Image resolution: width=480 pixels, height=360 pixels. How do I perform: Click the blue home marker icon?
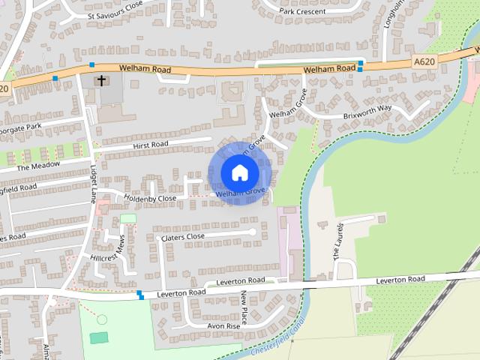pos(239,172)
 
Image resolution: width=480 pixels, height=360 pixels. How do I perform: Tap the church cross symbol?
pos(101,79)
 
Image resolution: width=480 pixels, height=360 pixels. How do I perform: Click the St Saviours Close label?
pos(115,15)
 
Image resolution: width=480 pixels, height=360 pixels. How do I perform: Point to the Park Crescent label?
pos(302,11)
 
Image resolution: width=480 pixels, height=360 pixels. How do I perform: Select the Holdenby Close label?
pos(150,199)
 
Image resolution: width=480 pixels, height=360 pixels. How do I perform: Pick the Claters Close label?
pos(183,237)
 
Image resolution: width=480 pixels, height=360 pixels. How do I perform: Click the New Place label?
pos(244,308)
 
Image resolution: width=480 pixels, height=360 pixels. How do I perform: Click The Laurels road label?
pos(337,241)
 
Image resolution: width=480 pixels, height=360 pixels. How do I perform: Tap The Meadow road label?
pos(38,165)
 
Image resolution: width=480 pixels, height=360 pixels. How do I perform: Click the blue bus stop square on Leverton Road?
pos(140,294)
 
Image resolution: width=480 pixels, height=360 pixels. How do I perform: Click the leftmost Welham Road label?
pos(144,70)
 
